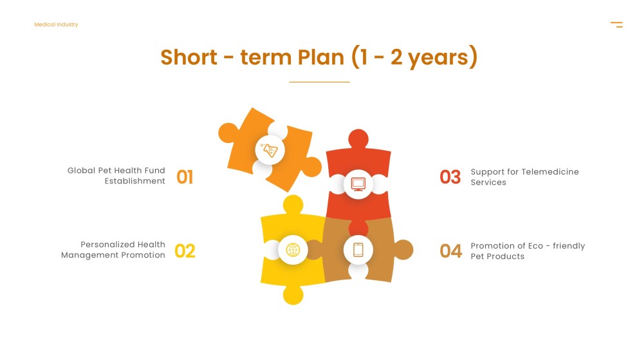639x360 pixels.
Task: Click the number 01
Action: [185, 176]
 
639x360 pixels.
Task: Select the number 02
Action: [185, 251]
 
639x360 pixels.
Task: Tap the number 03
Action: [450, 176]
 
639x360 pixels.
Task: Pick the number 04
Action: [450, 251]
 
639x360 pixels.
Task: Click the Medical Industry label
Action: [56, 24]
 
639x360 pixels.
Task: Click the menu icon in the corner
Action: [616, 24]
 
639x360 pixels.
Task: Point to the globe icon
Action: [293, 250]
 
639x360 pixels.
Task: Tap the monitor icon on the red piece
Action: [358, 184]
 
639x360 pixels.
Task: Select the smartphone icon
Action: [358, 250]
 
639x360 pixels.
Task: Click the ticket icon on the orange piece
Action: [270, 151]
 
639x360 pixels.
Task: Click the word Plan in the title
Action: [320, 57]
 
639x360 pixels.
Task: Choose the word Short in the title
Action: [189, 57]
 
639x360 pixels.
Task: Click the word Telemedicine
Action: [550, 172]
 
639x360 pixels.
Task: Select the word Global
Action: [81, 171]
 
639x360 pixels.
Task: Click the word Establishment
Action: [135, 182]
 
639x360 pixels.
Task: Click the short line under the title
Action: [319, 82]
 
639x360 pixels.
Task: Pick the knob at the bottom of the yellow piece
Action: [293, 294]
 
